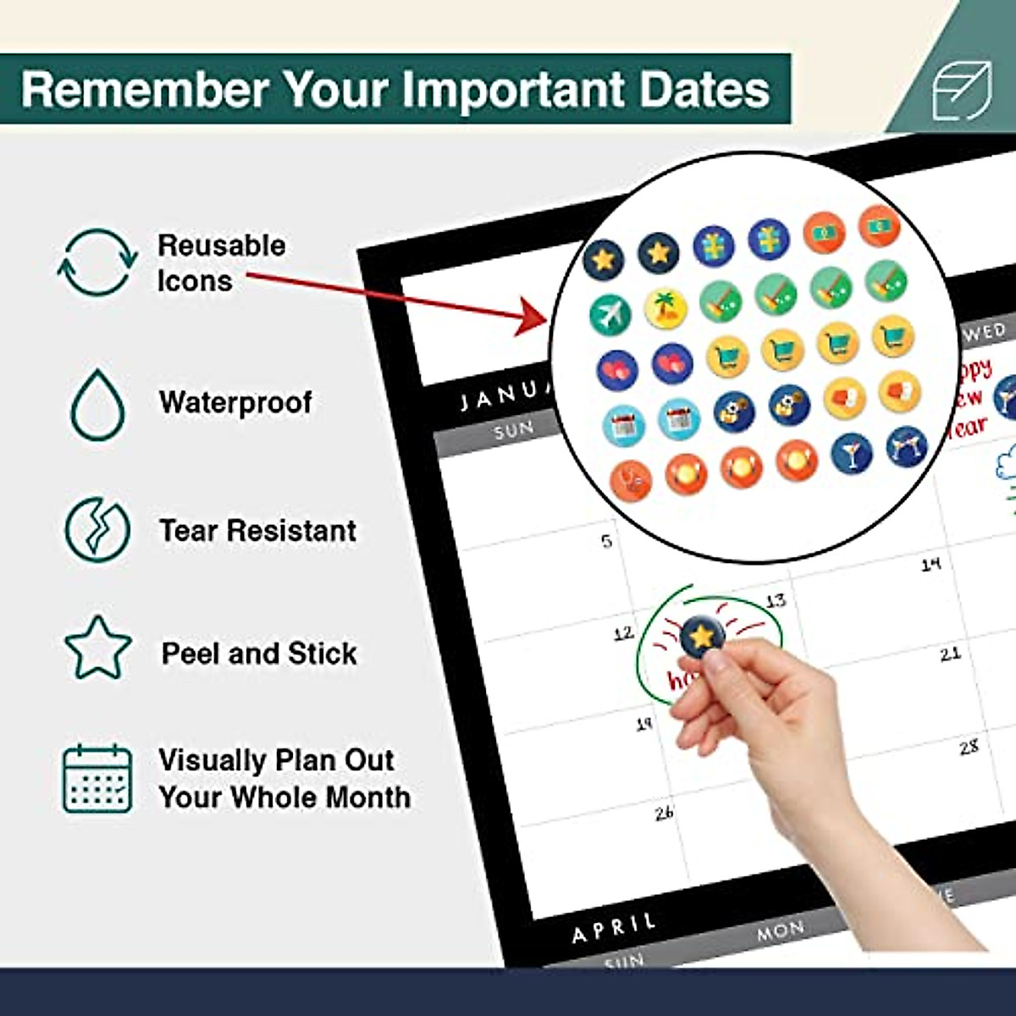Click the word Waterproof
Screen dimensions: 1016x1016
[x=235, y=402]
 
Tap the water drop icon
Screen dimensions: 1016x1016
[x=97, y=405]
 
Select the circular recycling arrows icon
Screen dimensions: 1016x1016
[x=97, y=262]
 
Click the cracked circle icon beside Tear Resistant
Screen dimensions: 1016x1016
[x=97, y=530]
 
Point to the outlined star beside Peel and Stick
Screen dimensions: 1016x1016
[x=97, y=649]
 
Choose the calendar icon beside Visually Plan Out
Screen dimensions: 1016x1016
[x=97, y=779]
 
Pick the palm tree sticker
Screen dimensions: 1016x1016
[x=665, y=309]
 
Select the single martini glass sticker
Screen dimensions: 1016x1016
[x=852, y=454]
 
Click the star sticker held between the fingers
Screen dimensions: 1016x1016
[x=702, y=636]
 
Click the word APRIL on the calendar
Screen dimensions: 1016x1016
[x=614, y=928]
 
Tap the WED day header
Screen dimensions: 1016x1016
[x=984, y=331]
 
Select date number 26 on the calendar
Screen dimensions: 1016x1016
[x=664, y=813]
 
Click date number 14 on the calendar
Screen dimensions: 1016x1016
[x=930, y=563]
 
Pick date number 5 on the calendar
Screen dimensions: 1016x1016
[x=606, y=541]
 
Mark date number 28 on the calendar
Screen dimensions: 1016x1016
[x=969, y=747]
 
